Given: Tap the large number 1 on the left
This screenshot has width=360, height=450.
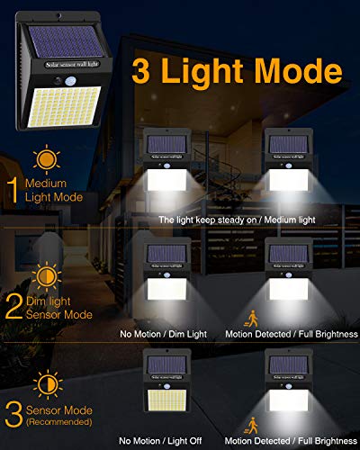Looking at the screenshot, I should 12,189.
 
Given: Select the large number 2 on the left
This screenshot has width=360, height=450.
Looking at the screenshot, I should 13,304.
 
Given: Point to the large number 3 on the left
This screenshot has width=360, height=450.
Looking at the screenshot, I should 13,415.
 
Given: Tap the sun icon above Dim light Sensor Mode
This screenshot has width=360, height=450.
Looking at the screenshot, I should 43,273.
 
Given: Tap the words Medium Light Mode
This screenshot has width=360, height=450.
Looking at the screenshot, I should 56,190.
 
